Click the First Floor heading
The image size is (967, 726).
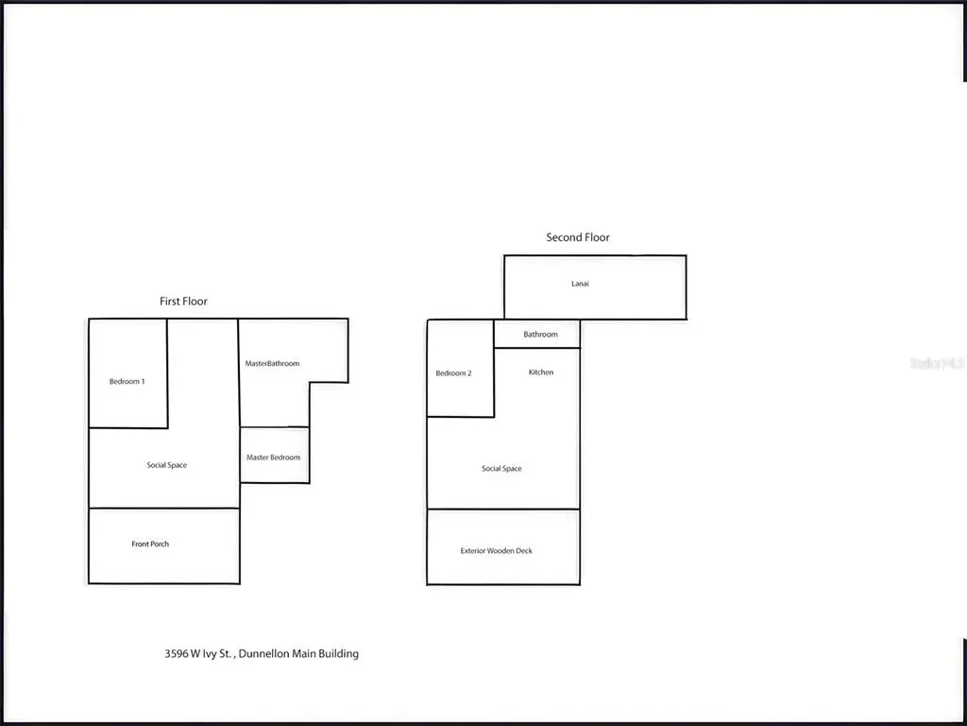click(183, 302)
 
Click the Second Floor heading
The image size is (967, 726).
click(578, 237)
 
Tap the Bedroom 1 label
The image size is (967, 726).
click(127, 382)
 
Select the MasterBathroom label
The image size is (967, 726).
click(272, 364)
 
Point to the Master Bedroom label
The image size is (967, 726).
click(273, 458)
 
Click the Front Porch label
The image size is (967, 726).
click(150, 544)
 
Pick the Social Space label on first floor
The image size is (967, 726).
click(166, 465)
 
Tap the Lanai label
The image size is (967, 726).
click(580, 284)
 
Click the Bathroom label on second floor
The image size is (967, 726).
click(540, 334)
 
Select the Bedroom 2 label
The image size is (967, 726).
click(453, 372)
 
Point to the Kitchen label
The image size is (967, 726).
click(541, 372)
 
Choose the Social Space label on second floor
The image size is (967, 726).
click(501, 469)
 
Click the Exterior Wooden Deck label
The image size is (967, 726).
click(497, 551)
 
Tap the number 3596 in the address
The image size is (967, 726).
click(175, 653)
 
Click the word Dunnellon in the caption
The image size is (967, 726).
click(264, 653)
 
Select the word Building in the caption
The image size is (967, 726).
click(338, 654)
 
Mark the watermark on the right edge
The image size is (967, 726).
click(938, 364)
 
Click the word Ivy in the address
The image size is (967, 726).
click(209, 654)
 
